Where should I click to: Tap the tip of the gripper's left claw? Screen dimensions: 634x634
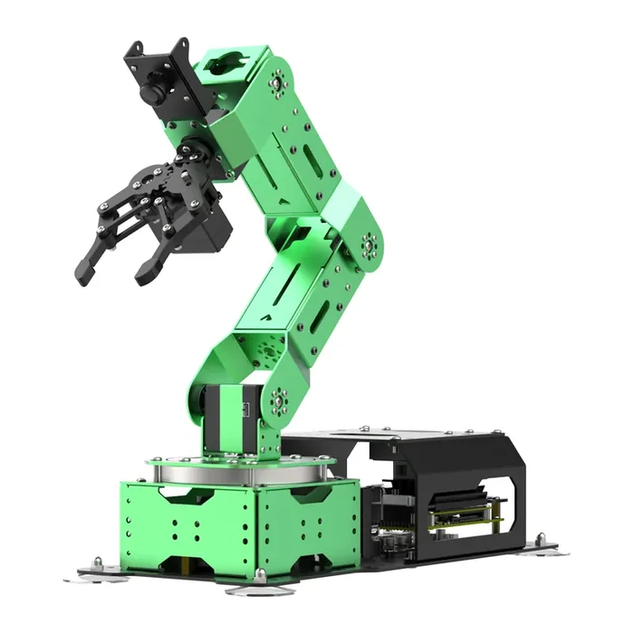tap(84, 271)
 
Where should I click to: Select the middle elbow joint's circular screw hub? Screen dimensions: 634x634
tap(370, 245)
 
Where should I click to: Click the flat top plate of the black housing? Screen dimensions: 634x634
tap(435, 439)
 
